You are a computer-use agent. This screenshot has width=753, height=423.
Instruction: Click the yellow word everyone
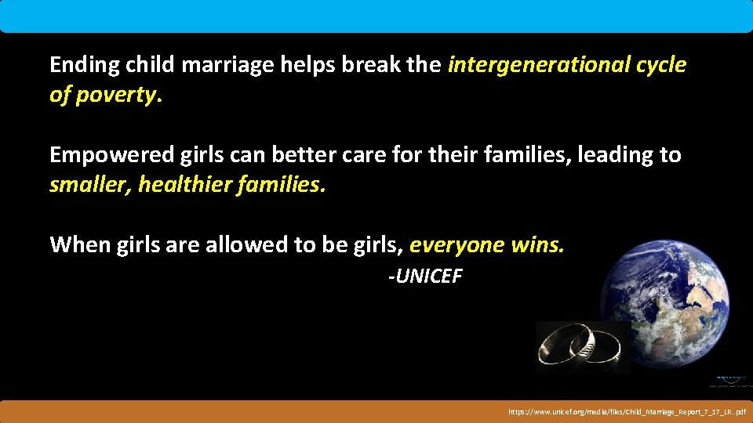click(456, 245)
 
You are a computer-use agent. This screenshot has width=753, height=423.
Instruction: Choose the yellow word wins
click(537, 245)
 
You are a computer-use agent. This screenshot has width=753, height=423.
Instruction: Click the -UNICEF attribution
click(425, 277)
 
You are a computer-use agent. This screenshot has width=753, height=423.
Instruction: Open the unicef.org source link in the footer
click(627, 411)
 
